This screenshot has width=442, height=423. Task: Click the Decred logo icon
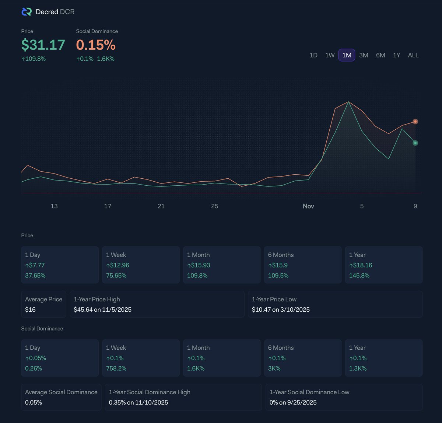(x=27, y=12)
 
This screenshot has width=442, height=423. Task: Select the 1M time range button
(x=347, y=55)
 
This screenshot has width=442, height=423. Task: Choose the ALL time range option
(x=413, y=55)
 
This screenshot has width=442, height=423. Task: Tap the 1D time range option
(x=313, y=55)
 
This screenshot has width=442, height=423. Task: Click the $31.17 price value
(x=43, y=45)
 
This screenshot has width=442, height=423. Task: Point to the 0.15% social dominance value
(x=96, y=45)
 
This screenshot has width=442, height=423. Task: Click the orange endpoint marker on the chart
(x=415, y=122)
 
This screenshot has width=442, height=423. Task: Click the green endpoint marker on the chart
(x=415, y=143)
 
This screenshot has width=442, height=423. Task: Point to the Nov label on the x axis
(x=308, y=206)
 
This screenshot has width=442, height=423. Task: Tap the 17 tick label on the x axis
(x=108, y=206)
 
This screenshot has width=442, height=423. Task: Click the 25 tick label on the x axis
(x=215, y=206)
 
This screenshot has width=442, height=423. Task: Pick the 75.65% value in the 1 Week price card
(x=116, y=276)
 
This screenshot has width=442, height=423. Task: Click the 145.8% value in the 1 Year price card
(x=359, y=276)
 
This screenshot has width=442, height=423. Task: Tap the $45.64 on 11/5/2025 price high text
(x=102, y=310)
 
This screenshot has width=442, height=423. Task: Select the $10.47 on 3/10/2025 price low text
(x=281, y=310)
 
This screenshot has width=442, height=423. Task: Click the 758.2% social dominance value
(x=116, y=368)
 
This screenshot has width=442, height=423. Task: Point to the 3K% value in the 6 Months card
(x=274, y=368)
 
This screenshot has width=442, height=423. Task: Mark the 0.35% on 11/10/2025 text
(x=138, y=402)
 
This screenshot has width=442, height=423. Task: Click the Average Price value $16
(x=30, y=310)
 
